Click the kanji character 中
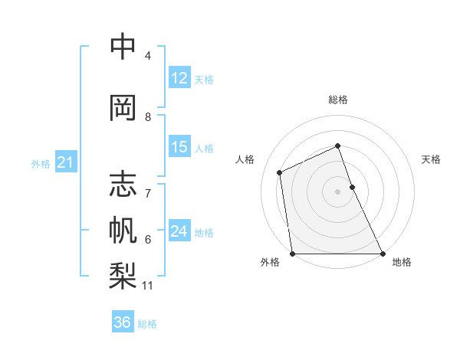click(x=123, y=47)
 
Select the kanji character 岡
click(x=123, y=106)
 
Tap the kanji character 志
click(x=123, y=185)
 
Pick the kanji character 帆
click(x=123, y=230)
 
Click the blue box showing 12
click(x=179, y=78)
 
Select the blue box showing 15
click(x=179, y=147)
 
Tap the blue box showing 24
click(x=179, y=231)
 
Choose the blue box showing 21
click(x=65, y=162)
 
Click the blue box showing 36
click(x=123, y=322)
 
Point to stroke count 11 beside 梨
click(x=148, y=286)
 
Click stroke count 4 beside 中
click(x=148, y=56)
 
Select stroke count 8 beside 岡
click(x=148, y=116)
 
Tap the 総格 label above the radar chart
click(x=337, y=100)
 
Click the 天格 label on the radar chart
click(x=431, y=159)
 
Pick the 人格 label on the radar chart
click(x=245, y=159)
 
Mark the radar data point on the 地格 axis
click(x=382, y=254)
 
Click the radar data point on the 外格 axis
click(x=292, y=254)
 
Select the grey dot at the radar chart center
click(x=337, y=191)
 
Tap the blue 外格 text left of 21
click(x=40, y=163)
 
